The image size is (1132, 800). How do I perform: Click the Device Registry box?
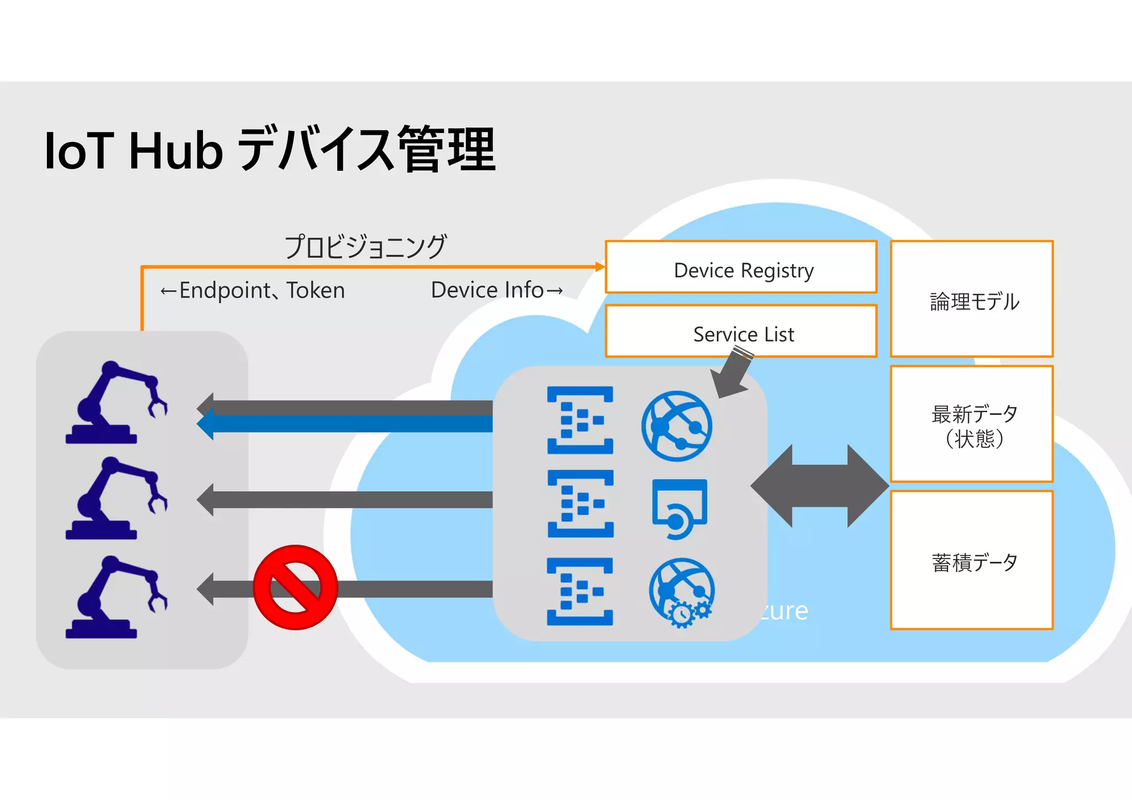(741, 267)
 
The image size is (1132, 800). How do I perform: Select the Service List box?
(741, 331)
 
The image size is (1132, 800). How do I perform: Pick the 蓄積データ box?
(972, 560)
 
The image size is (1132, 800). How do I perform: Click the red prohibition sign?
(295, 587)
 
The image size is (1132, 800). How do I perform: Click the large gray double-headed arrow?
(820, 486)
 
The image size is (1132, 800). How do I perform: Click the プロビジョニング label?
(365, 246)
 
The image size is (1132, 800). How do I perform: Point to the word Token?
(316, 291)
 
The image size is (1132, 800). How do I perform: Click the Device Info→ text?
(496, 290)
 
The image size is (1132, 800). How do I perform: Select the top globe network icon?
(677, 426)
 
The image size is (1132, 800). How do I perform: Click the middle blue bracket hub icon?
(580, 503)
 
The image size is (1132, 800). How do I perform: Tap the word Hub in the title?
(176, 151)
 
